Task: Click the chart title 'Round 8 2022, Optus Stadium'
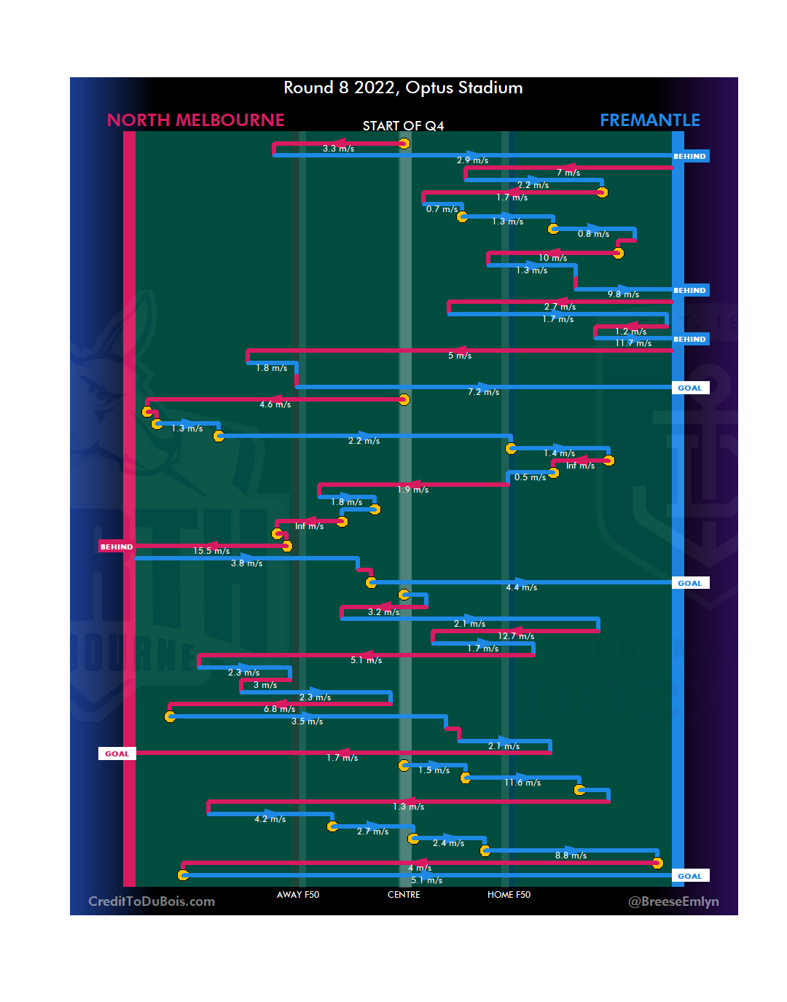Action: (403, 88)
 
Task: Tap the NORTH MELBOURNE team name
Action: (195, 120)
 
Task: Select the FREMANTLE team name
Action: (649, 120)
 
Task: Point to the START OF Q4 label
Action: (403, 126)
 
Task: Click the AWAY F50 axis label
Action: (297, 895)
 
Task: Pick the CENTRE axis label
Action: (404, 895)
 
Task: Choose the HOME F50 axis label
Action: (509, 895)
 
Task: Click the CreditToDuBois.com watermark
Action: (152, 901)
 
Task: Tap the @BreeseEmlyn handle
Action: (673, 901)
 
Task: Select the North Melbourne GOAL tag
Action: (117, 754)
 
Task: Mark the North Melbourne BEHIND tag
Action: (117, 547)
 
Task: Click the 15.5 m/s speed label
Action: (211, 551)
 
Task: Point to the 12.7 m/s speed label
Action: (516, 636)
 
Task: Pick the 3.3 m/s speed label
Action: (338, 149)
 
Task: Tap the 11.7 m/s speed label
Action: (633, 343)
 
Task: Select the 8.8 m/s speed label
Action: (571, 856)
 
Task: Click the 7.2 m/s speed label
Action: (483, 392)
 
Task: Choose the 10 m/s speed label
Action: (552, 258)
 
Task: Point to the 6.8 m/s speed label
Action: (279, 709)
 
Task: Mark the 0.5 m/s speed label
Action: (530, 477)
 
